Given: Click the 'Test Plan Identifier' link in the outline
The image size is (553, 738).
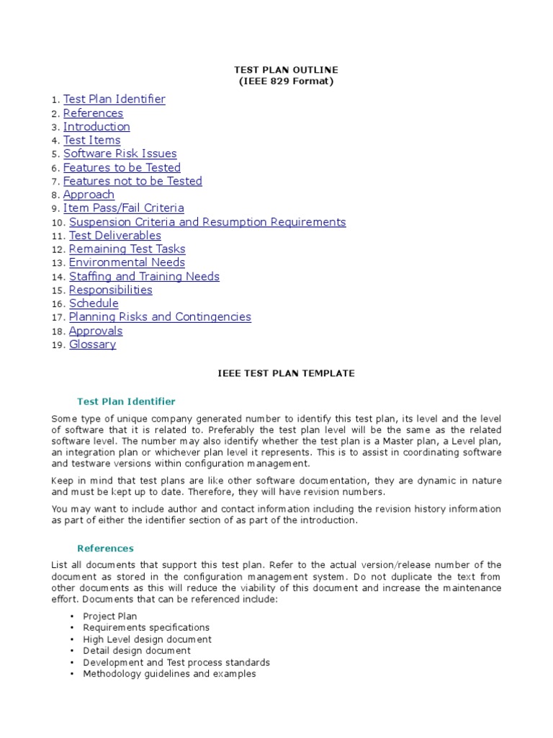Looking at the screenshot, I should click(114, 99).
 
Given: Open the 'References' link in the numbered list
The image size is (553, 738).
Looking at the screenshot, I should click(93, 113).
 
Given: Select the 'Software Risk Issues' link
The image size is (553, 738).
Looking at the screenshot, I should click(120, 154).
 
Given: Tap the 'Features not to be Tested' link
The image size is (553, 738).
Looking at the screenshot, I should click(132, 181).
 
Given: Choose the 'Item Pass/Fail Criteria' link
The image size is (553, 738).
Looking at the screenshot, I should click(123, 208).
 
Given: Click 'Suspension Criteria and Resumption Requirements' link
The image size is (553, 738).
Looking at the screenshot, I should click(207, 222).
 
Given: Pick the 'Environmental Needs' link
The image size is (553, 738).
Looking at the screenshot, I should click(127, 262).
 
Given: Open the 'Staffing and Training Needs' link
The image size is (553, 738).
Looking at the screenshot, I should click(144, 276).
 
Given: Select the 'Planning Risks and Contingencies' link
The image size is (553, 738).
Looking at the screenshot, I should click(160, 317).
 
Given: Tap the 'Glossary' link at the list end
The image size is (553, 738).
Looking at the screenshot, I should click(92, 344).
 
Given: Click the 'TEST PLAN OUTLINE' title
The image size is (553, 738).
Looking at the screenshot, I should click(286, 70).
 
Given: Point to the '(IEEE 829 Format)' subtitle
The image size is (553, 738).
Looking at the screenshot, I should click(286, 81).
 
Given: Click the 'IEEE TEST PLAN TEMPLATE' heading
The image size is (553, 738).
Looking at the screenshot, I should click(286, 373).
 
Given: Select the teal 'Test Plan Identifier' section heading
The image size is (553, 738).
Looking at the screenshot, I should click(126, 401).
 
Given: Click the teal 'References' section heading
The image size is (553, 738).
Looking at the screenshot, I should click(105, 548).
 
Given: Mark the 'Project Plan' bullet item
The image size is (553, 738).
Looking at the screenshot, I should click(109, 616).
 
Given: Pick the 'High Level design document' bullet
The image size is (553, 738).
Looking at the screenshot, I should click(147, 639).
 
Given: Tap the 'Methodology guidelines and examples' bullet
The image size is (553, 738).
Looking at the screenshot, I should click(169, 674).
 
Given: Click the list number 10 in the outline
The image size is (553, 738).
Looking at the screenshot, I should click(58, 223).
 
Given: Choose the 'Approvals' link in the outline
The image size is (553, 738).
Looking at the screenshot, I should click(96, 331).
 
